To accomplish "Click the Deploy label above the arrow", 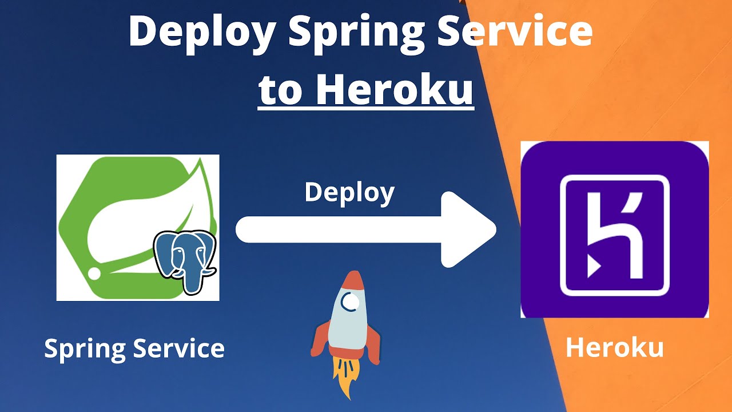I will pyautogui.click(x=349, y=193).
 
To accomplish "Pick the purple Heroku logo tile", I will pyautogui.click(x=614, y=229).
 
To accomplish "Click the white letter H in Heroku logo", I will pyautogui.click(x=615, y=235).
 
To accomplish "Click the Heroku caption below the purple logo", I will pyautogui.click(x=614, y=348).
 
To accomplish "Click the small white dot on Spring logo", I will pyautogui.click(x=94, y=274).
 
